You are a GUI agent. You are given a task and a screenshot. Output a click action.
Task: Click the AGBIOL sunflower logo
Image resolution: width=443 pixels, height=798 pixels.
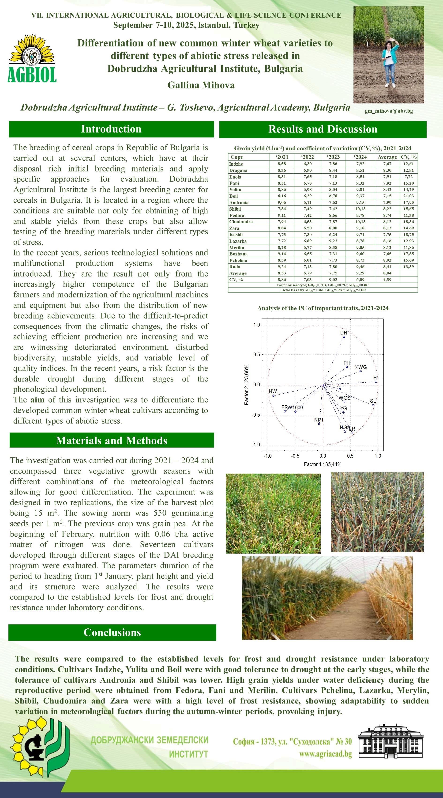click(32, 58)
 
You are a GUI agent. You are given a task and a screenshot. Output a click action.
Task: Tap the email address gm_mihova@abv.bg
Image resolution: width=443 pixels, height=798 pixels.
click(389, 111)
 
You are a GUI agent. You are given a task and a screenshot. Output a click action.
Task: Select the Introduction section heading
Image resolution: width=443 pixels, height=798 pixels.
click(111, 129)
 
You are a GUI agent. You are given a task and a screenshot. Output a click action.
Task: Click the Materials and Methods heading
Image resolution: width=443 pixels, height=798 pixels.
click(111, 441)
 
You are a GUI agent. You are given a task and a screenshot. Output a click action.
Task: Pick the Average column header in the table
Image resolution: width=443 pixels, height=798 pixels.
click(387, 157)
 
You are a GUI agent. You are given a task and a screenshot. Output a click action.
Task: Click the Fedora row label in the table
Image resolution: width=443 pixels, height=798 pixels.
click(237, 215)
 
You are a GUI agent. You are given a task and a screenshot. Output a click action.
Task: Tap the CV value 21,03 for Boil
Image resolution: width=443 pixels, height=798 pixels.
click(408, 196)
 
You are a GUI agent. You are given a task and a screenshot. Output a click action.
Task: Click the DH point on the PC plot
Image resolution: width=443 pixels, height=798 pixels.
click(344, 337)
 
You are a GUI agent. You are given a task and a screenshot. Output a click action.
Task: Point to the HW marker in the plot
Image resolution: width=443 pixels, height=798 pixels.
click(273, 395)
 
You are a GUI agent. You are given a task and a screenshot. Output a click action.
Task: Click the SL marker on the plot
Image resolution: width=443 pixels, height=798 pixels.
click(373, 405)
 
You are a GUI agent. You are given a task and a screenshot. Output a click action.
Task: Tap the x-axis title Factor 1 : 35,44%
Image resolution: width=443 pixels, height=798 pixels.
click(323, 464)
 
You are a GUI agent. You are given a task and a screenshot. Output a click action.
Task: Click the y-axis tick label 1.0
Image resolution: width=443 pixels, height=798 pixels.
click(257, 325)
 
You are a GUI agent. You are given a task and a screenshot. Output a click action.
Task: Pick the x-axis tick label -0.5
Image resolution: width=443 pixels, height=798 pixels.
click(295, 456)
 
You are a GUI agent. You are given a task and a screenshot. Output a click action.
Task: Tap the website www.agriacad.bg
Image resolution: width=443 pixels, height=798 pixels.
click(325, 754)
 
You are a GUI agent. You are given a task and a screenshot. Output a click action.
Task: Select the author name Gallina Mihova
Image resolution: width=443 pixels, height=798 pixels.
click(201, 85)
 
